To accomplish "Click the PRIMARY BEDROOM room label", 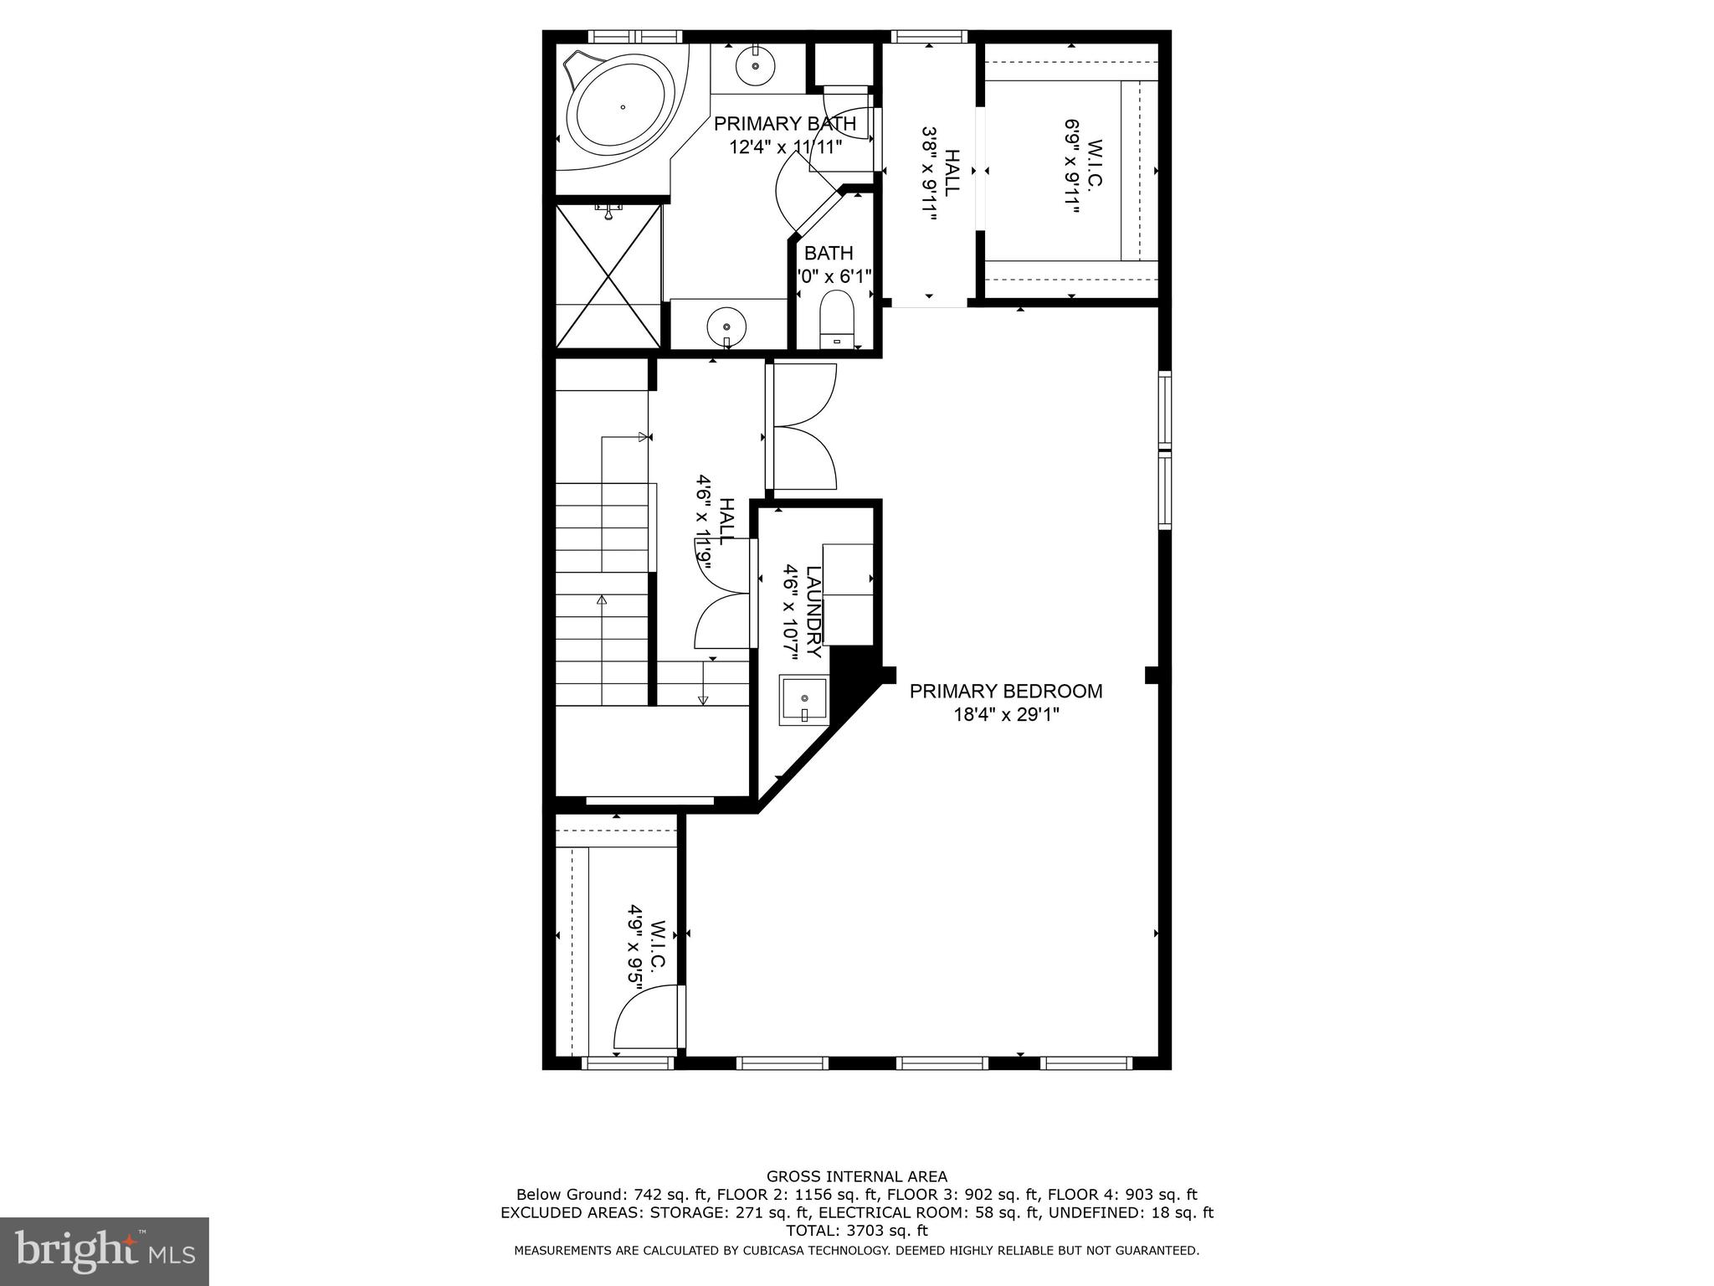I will tap(1005, 691).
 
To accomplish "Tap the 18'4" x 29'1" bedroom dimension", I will tap(1005, 715).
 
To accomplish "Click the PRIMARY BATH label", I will tap(784, 124).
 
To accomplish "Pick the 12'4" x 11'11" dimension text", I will tap(784, 147).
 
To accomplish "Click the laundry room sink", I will tap(804, 700).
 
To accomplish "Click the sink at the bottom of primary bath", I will tap(727, 327).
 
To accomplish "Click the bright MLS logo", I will tap(104, 1251).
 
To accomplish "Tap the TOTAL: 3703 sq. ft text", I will tap(856, 1231).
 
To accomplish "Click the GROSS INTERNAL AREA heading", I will tap(856, 1176).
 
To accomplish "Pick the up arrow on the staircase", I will tap(601, 600).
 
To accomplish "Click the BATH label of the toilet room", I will tap(829, 253).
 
